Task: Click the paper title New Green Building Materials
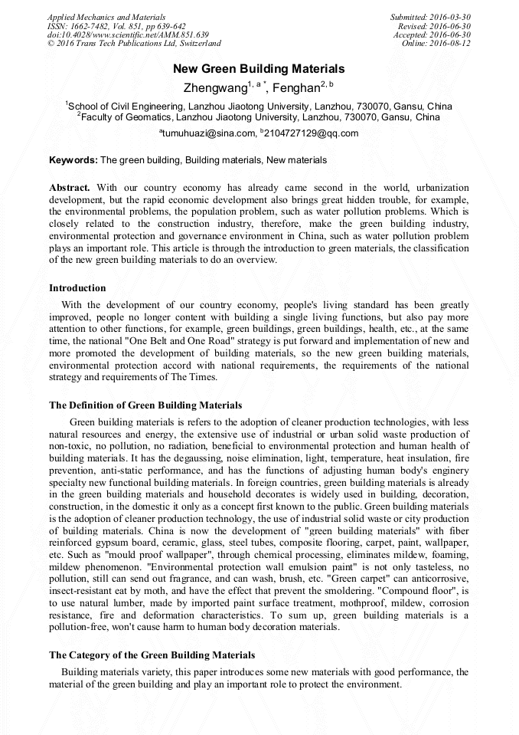pyautogui.click(x=259, y=69)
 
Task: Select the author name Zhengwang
pyautogui.click(x=212, y=88)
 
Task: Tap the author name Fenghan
pyautogui.click(x=295, y=88)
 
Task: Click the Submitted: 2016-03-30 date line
pyautogui.click(x=430, y=17)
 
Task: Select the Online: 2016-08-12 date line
pyautogui.click(x=436, y=44)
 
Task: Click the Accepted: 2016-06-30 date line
pyautogui.click(x=432, y=35)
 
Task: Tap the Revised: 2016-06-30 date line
pyautogui.click(x=433, y=26)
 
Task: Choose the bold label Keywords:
pyautogui.click(x=73, y=160)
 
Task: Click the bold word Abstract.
pyautogui.click(x=70, y=188)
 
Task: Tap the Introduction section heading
pyautogui.click(x=77, y=288)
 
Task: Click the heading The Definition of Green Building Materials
pyautogui.click(x=145, y=405)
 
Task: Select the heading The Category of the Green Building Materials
pyautogui.click(x=152, y=655)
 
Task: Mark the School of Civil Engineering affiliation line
pyautogui.click(x=259, y=106)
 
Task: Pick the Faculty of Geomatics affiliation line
pyautogui.click(x=259, y=117)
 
